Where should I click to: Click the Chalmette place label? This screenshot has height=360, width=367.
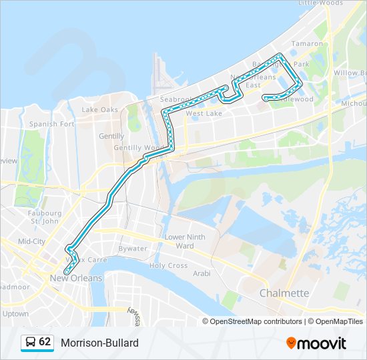click(284, 293)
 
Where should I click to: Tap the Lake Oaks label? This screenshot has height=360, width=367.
click(99, 109)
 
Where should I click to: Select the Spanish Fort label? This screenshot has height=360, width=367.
click(51, 124)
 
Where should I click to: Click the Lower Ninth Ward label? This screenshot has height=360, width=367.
click(185, 241)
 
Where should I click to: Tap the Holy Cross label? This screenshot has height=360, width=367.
click(168, 265)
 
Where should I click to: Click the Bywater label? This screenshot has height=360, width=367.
click(132, 249)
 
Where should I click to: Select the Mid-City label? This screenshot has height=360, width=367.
click(31, 241)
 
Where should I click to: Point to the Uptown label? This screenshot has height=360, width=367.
click(15, 313)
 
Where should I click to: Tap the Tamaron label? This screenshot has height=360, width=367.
click(307, 43)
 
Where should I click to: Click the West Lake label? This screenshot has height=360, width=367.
click(204, 114)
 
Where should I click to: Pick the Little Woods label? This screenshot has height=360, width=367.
click(320, 3)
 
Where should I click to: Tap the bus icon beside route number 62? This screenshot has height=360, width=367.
click(30, 343)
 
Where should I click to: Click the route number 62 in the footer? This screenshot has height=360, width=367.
click(45, 342)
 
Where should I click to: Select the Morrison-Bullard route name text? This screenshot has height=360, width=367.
click(99, 343)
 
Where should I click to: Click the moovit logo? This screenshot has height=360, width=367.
click(316, 343)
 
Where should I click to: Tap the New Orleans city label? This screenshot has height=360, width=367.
click(76, 278)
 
